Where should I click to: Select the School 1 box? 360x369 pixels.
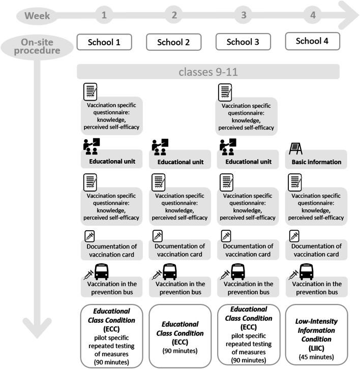point(104,42)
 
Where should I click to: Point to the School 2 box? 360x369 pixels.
point(174,43)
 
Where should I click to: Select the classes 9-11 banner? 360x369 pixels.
point(208,71)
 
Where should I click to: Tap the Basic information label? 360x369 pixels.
point(316,162)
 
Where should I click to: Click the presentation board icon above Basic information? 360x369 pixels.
point(295,148)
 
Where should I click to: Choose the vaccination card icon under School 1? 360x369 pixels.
point(89,236)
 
